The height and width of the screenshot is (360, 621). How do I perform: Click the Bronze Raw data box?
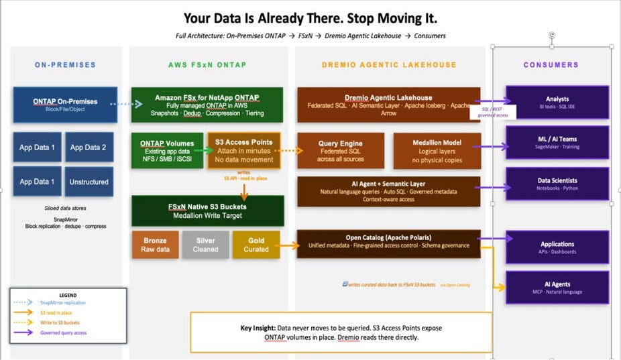154,244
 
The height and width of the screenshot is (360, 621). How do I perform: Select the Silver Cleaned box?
205,244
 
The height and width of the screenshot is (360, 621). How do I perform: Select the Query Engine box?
341,150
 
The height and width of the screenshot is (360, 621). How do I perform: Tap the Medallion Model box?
437,150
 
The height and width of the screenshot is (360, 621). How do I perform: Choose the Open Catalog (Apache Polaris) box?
389,241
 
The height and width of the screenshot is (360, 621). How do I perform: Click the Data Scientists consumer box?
557,184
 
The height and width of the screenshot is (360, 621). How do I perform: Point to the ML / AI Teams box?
557,143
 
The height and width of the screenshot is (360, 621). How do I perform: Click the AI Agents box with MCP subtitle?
557,288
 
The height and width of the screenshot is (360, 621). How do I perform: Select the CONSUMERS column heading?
551,65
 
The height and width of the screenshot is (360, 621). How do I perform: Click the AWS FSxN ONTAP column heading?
207,65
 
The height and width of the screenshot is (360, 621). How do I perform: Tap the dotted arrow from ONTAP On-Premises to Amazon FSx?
127,104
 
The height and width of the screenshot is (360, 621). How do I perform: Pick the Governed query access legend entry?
63,333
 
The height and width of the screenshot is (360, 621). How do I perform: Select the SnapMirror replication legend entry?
63,303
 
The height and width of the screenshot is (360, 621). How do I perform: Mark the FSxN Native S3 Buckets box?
208,210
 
